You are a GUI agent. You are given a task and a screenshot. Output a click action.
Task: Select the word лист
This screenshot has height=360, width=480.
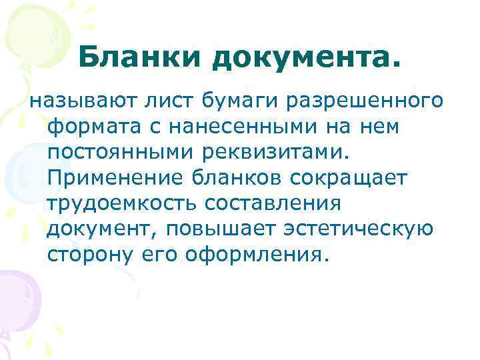point(164,102)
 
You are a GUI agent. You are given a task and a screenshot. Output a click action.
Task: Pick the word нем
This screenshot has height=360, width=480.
point(381,127)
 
